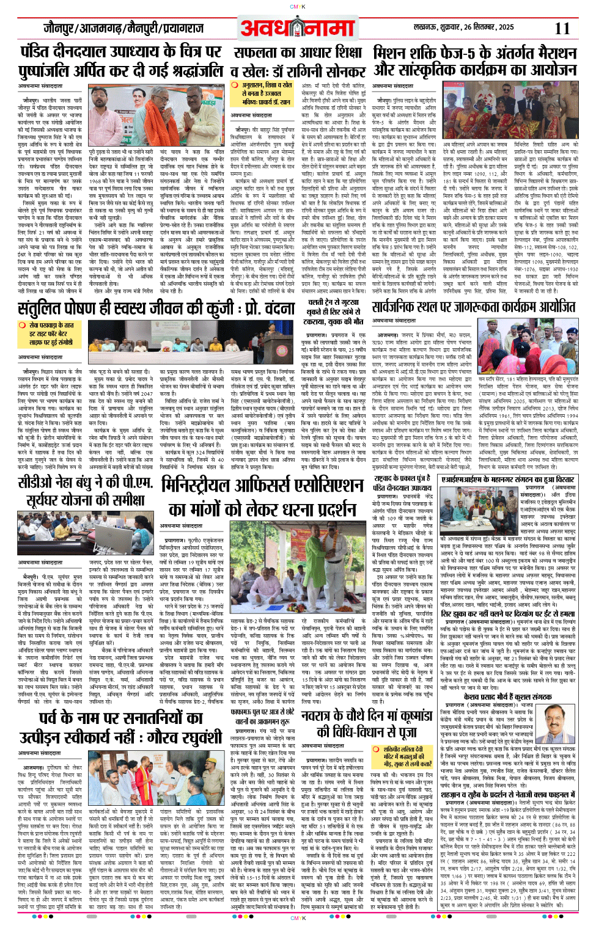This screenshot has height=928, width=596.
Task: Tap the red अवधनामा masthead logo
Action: tap(297, 28)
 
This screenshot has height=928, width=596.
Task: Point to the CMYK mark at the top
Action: tap(297, 7)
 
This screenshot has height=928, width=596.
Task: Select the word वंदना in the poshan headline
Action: tap(274, 309)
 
